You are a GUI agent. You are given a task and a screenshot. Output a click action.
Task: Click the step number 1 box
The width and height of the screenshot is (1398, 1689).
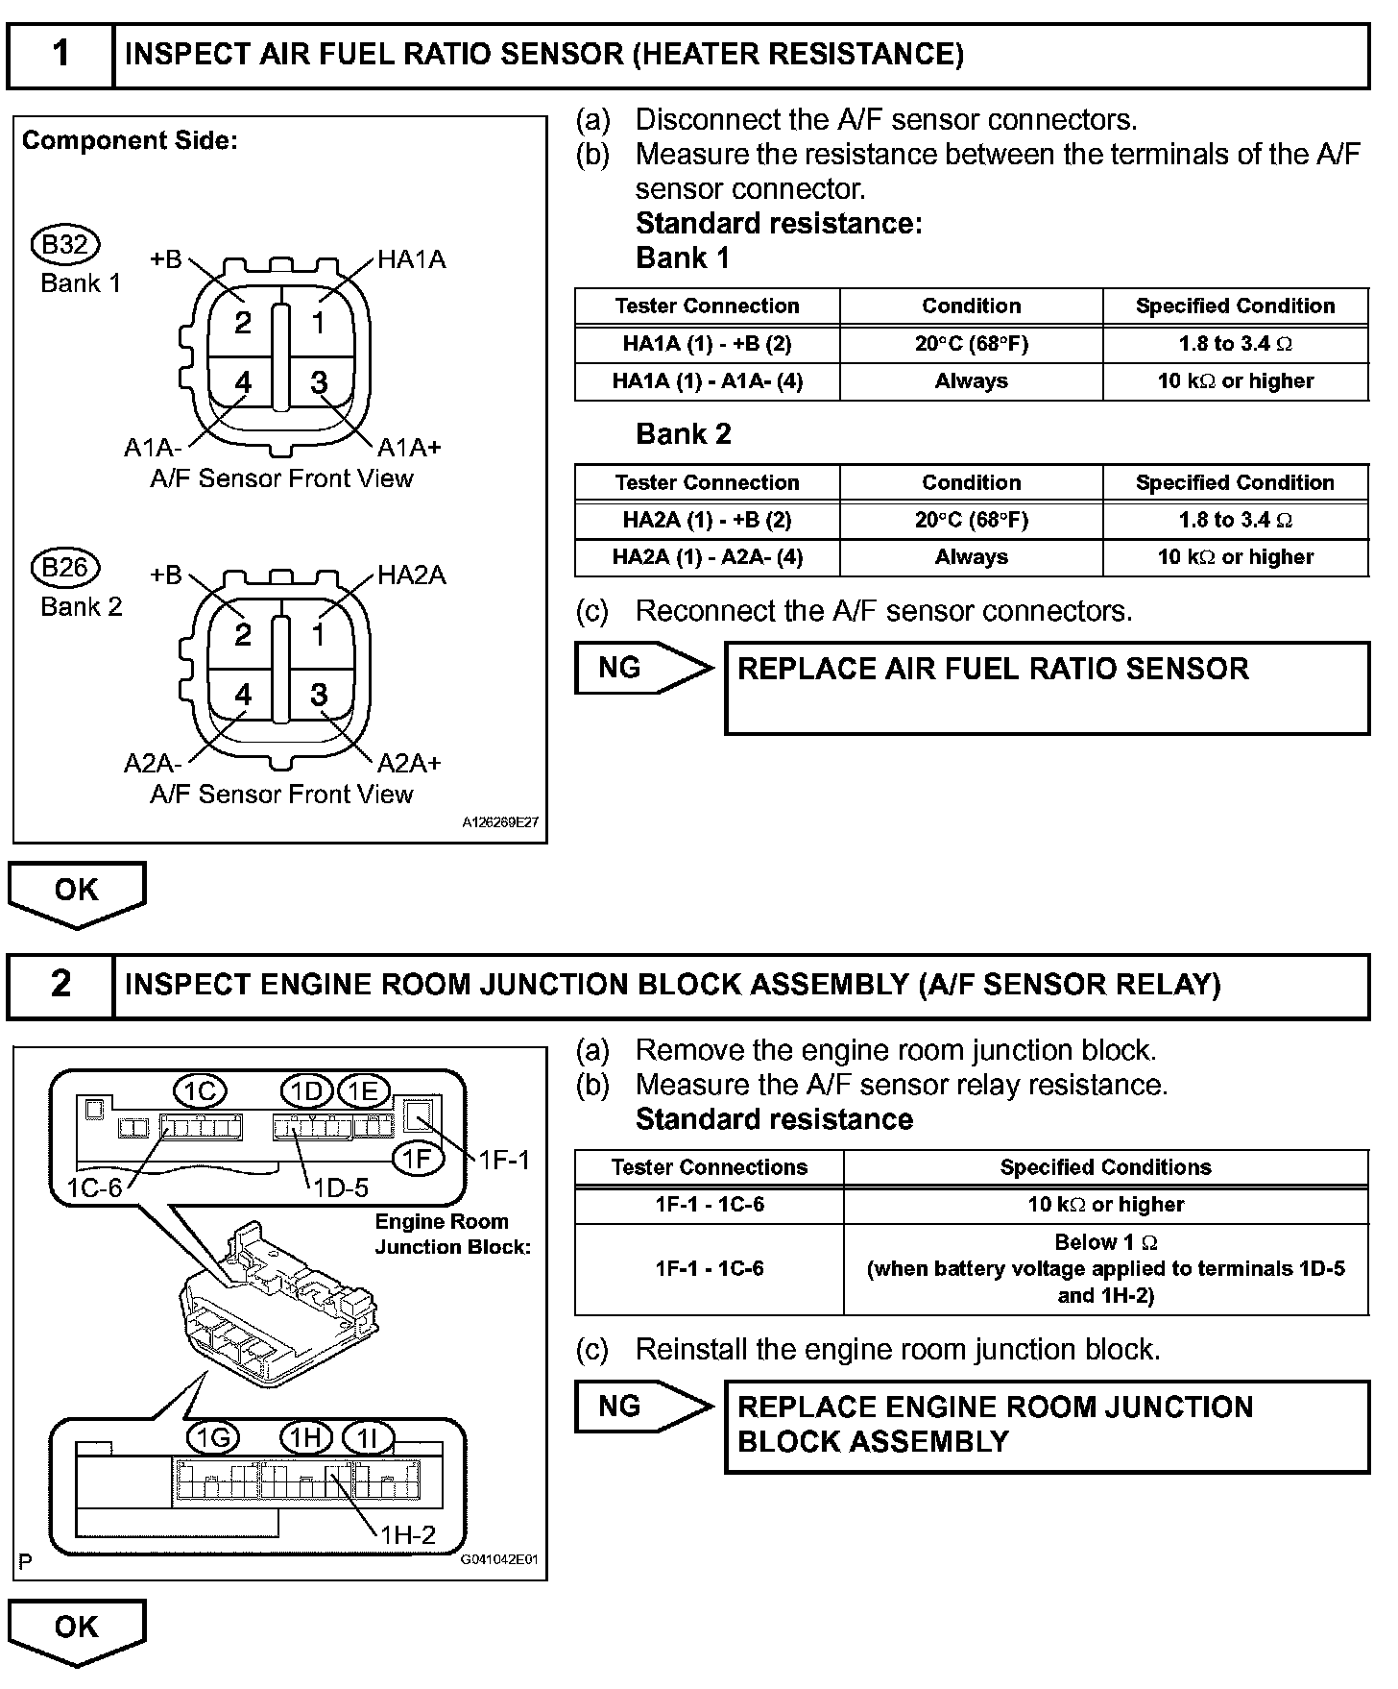(60, 54)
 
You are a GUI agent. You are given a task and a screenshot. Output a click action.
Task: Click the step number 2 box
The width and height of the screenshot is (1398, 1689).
(60, 984)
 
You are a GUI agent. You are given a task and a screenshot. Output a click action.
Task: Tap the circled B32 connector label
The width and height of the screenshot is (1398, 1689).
(65, 245)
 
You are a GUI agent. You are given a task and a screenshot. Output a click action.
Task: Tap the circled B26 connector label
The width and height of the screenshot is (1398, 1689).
(65, 568)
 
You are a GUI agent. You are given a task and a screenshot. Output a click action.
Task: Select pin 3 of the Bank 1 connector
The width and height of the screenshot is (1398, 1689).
(320, 382)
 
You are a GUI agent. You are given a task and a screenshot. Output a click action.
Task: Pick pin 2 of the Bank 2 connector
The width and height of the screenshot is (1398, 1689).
(243, 634)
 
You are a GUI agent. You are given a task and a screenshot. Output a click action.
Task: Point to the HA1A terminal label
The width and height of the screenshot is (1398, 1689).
(411, 259)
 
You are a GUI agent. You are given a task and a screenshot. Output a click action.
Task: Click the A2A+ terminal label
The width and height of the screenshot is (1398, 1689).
(409, 763)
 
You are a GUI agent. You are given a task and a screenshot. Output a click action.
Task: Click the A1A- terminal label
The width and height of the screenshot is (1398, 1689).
(153, 448)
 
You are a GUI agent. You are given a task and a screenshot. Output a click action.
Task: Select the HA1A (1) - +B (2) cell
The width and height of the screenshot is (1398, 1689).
(708, 344)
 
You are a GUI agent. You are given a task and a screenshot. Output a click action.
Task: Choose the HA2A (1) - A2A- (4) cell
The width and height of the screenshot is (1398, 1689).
(708, 557)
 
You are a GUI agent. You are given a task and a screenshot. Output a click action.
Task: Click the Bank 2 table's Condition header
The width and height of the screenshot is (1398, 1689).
(971, 482)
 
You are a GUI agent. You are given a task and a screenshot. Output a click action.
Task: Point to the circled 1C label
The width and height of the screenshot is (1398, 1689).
(200, 1090)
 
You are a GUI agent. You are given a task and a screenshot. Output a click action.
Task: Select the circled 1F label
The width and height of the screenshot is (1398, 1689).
(418, 1159)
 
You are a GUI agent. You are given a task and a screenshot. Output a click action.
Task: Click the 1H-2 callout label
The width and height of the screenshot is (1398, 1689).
(407, 1535)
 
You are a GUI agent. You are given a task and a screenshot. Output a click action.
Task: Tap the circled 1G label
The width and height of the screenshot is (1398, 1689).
(212, 1438)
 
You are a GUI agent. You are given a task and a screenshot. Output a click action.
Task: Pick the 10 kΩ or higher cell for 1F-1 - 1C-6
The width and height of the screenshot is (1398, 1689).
(1105, 1205)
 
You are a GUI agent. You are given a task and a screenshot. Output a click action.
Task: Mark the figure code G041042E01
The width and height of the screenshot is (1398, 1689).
(499, 1561)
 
